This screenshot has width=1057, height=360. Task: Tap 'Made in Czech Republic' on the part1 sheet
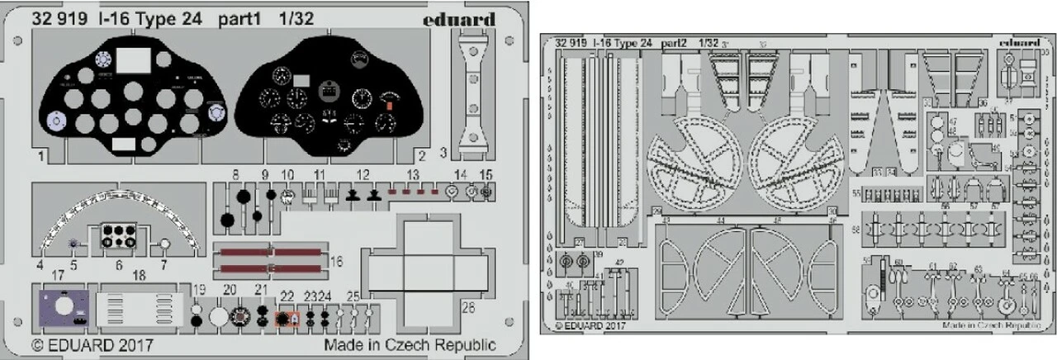tap(410, 344)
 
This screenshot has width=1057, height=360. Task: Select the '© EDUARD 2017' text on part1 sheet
tap(92, 343)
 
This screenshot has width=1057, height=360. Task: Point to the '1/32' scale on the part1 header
tap(296, 19)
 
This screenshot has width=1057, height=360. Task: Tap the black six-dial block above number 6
tap(120, 234)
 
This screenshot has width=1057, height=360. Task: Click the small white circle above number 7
tap(164, 245)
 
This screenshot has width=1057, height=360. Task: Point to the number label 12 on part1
tap(363, 174)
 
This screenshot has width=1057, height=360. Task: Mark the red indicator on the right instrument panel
tap(386, 105)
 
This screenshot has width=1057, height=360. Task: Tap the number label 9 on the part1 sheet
tap(265, 174)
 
